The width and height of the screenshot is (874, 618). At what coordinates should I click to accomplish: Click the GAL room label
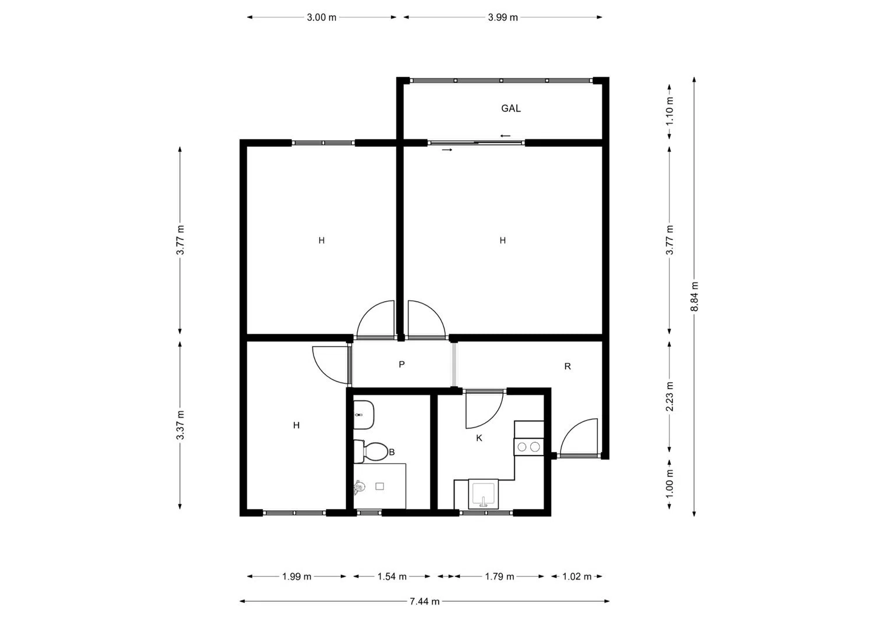point(511,108)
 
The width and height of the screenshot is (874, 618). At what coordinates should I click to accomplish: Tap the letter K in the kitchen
point(479,438)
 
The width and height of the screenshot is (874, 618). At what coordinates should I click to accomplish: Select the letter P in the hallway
point(401,365)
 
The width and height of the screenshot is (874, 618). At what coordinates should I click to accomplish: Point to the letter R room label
point(568,366)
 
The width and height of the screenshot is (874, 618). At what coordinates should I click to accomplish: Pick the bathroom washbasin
point(364,415)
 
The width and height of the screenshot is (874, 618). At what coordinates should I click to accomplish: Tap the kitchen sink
point(484,494)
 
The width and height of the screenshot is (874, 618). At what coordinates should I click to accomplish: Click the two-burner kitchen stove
point(528,447)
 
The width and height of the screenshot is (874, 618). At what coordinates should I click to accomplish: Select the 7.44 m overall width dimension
point(425,601)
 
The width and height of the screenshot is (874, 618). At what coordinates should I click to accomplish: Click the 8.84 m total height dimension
point(695,296)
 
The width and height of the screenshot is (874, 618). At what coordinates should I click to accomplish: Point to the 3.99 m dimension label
point(503,17)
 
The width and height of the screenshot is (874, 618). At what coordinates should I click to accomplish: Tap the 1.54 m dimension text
point(392,576)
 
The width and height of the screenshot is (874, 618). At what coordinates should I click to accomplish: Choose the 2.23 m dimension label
point(670,397)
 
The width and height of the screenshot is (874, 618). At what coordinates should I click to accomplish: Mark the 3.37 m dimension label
point(180,425)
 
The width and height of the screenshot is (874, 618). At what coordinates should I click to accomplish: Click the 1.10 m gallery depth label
point(670,111)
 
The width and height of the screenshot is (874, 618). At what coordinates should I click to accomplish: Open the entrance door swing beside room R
point(580,437)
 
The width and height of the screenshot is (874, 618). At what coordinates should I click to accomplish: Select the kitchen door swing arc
point(484,409)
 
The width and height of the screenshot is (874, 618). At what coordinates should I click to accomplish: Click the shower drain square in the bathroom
point(380,486)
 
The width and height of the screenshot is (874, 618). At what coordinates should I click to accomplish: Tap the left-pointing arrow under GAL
point(505,136)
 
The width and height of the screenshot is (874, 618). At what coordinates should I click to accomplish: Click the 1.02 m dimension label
point(577,576)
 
